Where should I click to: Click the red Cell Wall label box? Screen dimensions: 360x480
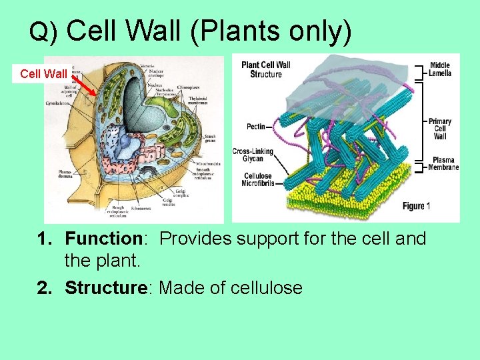(x=43, y=74)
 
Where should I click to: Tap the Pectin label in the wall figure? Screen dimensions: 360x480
(x=255, y=126)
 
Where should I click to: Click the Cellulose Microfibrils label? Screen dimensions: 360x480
(x=257, y=180)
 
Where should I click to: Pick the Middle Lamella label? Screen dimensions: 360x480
(x=440, y=69)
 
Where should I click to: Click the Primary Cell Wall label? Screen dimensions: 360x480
(x=440, y=128)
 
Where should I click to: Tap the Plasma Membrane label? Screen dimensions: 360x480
(x=443, y=164)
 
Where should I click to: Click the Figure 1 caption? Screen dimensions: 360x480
(x=417, y=206)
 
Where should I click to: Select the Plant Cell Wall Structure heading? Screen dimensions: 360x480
(x=265, y=69)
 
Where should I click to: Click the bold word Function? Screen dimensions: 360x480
(x=100, y=239)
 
